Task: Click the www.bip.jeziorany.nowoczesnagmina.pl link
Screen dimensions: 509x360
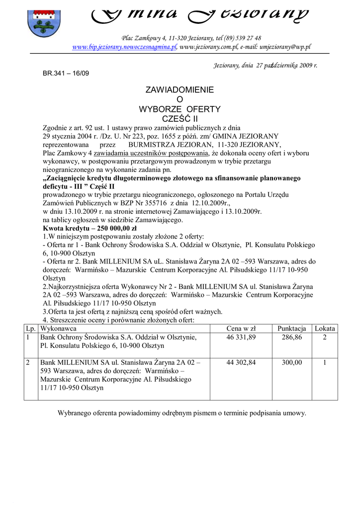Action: (x=125, y=47)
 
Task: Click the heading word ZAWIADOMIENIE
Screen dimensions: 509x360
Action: (x=180, y=90)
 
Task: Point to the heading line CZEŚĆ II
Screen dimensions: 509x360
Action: (x=180, y=118)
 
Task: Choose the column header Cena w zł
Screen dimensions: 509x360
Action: (x=241, y=329)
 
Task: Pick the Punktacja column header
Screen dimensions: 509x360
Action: (x=292, y=329)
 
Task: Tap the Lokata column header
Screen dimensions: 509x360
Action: (x=325, y=329)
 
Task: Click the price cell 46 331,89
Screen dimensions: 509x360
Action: (x=241, y=338)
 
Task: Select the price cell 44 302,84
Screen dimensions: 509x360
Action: (x=241, y=363)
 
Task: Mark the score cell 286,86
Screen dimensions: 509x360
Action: (x=292, y=338)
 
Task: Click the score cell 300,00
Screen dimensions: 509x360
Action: (x=292, y=363)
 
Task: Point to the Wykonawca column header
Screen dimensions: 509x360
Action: (x=58, y=329)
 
